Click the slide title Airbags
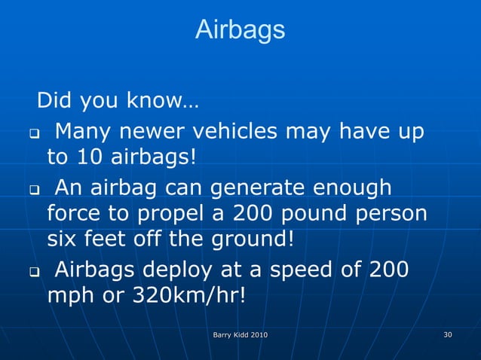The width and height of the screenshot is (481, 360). (240, 30)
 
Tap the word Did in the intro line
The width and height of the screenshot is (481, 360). (54, 100)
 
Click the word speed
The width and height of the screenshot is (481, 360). (311, 269)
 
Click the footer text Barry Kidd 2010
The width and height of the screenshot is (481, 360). (240, 334)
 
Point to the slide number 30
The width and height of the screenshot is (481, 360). (448, 334)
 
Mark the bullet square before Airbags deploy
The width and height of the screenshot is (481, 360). (35, 270)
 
